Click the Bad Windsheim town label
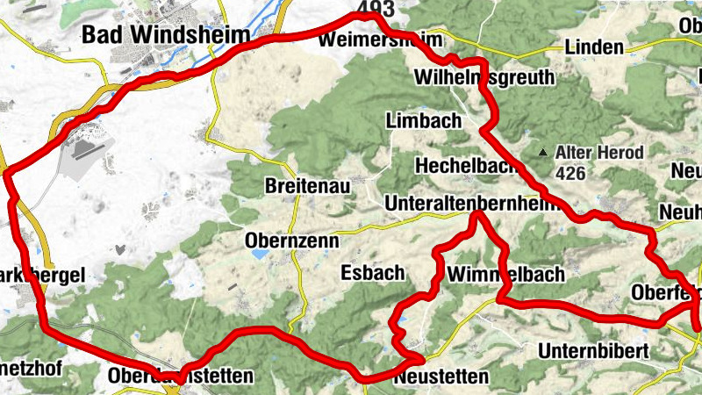tap(151, 33)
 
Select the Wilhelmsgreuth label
tap(484, 77)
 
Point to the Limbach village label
tap(422, 121)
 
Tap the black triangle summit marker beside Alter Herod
tap(545, 154)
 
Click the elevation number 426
tap(569, 173)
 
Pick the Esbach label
tap(372, 272)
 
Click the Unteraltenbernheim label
tap(471, 204)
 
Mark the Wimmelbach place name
tap(505, 275)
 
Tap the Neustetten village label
tap(441, 377)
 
